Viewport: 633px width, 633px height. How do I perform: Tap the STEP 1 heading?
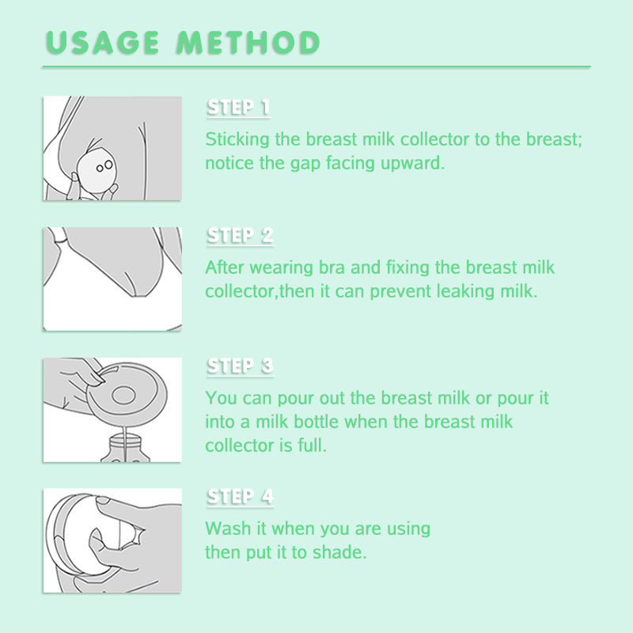click(x=238, y=108)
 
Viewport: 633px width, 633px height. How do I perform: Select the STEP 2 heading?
click(x=240, y=236)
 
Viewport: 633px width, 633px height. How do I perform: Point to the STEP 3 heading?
click(x=240, y=366)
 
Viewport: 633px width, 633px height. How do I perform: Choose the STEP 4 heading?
click(x=240, y=496)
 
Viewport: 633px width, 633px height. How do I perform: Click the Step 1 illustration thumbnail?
click(x=112, y=148)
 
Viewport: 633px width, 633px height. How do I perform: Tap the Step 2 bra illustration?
click(x=112, y=279)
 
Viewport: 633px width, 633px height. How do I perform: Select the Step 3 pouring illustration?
click(x=112, y=409)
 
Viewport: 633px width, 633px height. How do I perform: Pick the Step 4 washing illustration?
click(x=112, y=540)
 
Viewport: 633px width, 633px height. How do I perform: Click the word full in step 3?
click(x=312, y=445)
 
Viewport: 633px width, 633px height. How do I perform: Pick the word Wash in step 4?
click(x=226, y=528)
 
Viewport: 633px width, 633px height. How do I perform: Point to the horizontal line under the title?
click(x=316, y=67)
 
